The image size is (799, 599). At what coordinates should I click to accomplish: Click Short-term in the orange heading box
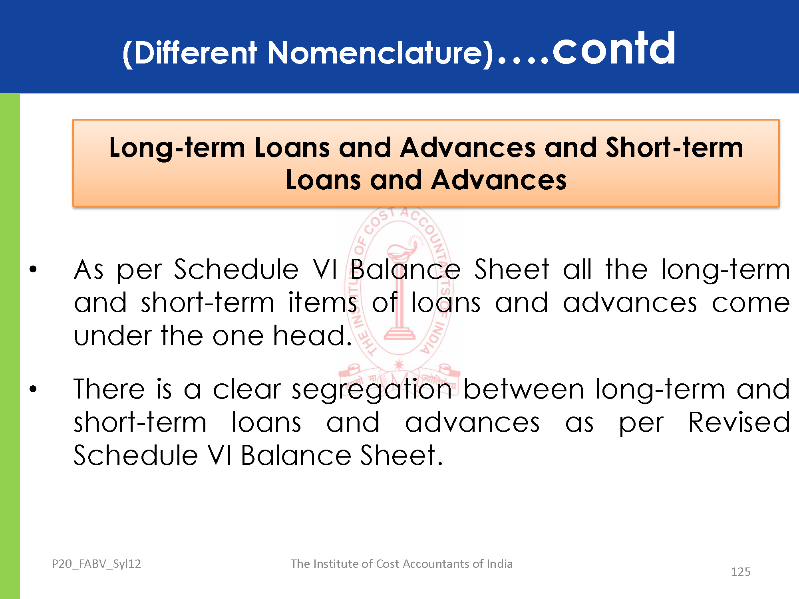tap(674, 148)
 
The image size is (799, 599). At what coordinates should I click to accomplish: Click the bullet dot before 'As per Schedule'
tap(33, 269)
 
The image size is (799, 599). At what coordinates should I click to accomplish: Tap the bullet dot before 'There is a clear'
tap(33, 388)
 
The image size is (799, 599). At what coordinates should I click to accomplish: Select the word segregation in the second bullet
tap(372, 391)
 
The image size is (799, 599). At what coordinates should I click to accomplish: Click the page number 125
tap(741, 572)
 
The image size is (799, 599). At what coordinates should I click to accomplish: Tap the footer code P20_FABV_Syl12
tap(96, 564)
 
